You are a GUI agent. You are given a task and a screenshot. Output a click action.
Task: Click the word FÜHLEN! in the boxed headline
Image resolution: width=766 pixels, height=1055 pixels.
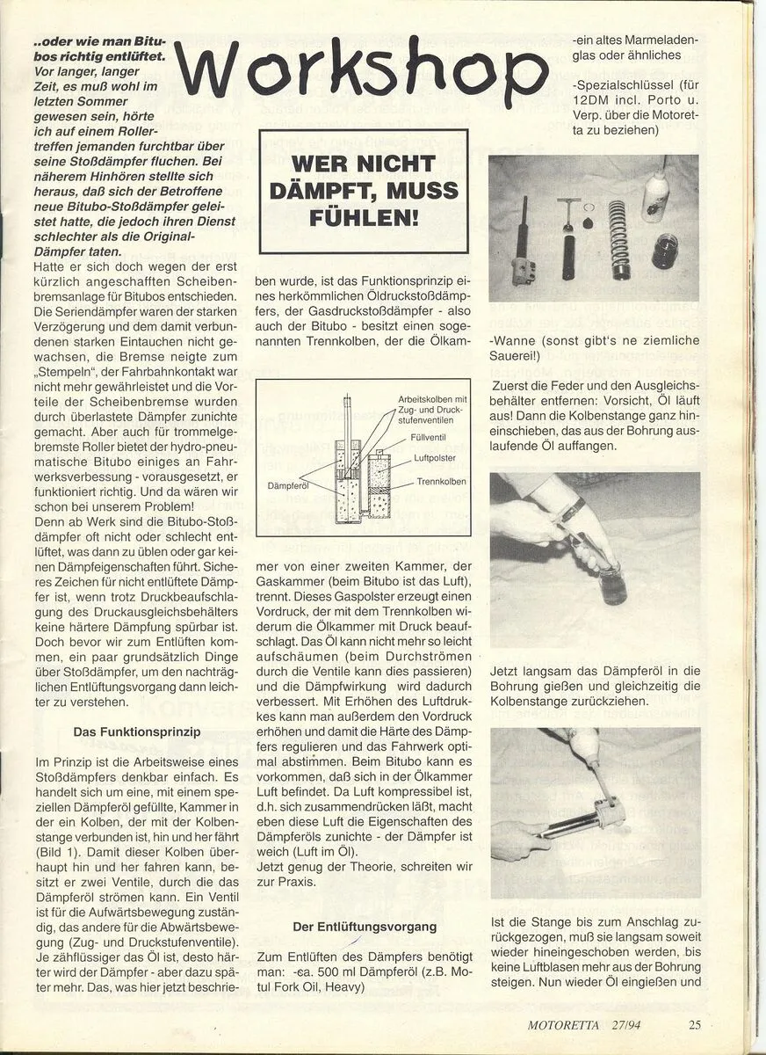pos(363,217)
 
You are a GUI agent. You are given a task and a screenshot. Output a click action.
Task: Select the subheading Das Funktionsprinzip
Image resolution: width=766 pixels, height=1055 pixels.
pos(136,731)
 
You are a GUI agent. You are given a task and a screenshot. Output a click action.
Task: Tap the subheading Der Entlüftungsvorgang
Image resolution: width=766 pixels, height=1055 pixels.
pos(365,926)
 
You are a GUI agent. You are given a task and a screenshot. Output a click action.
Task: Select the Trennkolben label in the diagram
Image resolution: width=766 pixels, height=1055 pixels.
pos(441,482)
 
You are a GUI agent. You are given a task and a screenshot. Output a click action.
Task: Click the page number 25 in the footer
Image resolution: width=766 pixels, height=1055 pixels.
pos(695,1023)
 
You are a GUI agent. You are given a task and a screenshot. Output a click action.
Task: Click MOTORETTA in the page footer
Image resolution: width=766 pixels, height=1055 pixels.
pos(566,1024)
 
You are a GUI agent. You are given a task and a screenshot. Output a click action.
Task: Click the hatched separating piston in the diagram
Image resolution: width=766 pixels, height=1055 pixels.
pos(379,483)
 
